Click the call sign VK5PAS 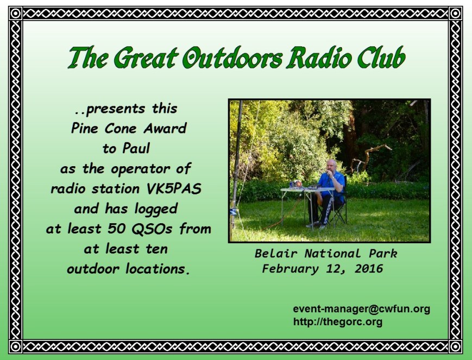[174, 189]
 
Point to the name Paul [136, 148]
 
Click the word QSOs [152, 229]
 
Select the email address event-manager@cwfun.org [361, 309]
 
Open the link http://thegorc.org [338, 322]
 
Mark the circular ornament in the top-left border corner [15, 13]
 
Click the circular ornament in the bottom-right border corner [456, 347]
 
